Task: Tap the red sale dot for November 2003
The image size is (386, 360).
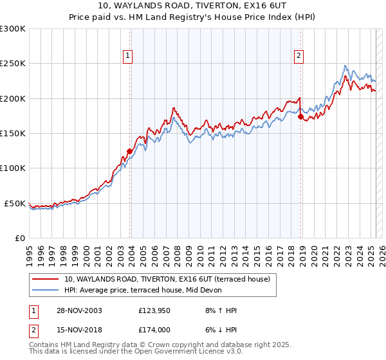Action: (129, 152)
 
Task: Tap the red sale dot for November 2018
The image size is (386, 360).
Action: (300, 117)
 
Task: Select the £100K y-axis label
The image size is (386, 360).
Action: (13, 168)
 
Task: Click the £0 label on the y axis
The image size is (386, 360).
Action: (19, 238)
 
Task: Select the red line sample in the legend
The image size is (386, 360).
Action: (46, 280)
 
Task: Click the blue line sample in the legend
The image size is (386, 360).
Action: (46, 291)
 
